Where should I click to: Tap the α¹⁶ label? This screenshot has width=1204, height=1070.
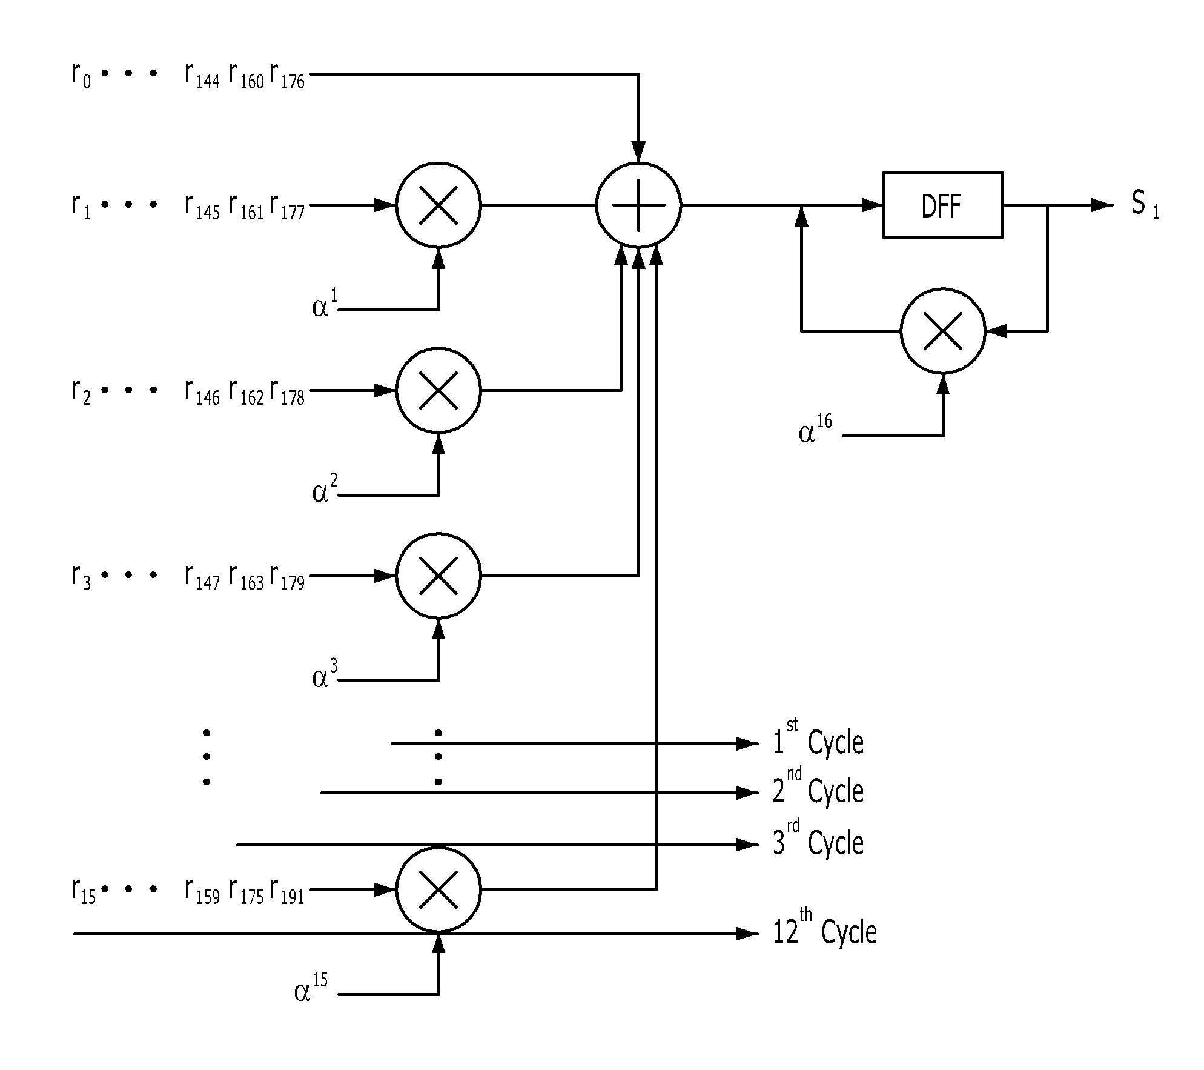coord(815,428)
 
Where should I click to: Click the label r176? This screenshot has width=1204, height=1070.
coord(287,77)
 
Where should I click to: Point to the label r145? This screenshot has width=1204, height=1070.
coord(202,207)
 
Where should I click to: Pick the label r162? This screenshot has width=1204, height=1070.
coord(246,393)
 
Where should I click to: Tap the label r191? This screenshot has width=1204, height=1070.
coord(287,892)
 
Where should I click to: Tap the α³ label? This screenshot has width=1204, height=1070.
coord(325,675)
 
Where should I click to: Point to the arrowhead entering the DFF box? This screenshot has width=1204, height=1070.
coord(872,205)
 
